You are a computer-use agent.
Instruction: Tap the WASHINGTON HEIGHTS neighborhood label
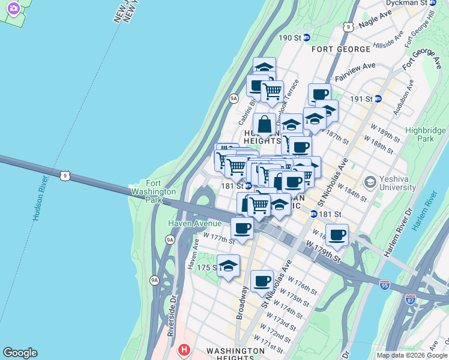point(235,350)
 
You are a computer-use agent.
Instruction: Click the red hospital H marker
point(185,349)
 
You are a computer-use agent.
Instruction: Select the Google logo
point(20,353)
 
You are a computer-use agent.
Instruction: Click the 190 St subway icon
point(306,37)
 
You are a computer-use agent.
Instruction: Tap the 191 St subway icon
point(378,99)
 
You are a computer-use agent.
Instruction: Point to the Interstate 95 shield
point(385,285)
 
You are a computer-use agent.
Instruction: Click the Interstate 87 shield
point(411,299)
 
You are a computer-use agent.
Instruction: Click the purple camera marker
point(12,8)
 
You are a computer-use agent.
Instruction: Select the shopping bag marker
point(264,125)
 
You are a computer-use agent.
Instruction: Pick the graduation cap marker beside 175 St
point(228,266)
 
